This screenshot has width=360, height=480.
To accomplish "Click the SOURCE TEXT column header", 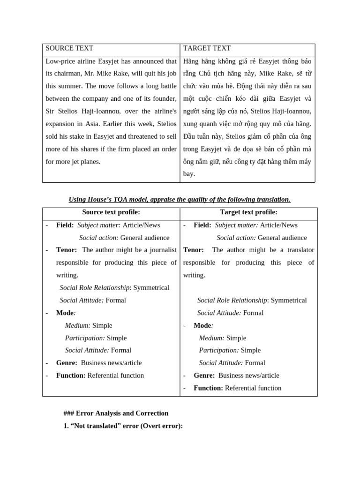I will click(x=69, y=48).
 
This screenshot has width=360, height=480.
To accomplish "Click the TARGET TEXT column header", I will click(x=207, y=48).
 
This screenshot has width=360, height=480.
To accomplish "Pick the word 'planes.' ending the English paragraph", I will click(x=90, y=162).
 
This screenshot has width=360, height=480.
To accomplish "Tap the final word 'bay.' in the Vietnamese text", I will click(x=189, y=174).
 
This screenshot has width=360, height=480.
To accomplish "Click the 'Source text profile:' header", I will click(x=111, y=212).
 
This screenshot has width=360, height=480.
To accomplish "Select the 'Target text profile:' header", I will click(x=248, y=212).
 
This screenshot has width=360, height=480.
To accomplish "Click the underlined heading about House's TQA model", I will click(x=180, y=199).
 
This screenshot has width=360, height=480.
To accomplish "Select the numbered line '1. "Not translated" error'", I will click(x=123, y=426).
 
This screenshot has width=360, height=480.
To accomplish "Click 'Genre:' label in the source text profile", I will click(x=66, y=363).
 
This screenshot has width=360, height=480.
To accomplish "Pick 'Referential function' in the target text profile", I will click(x=253, y=388).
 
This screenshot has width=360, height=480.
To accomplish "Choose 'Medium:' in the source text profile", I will click(x=77, y=325).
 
